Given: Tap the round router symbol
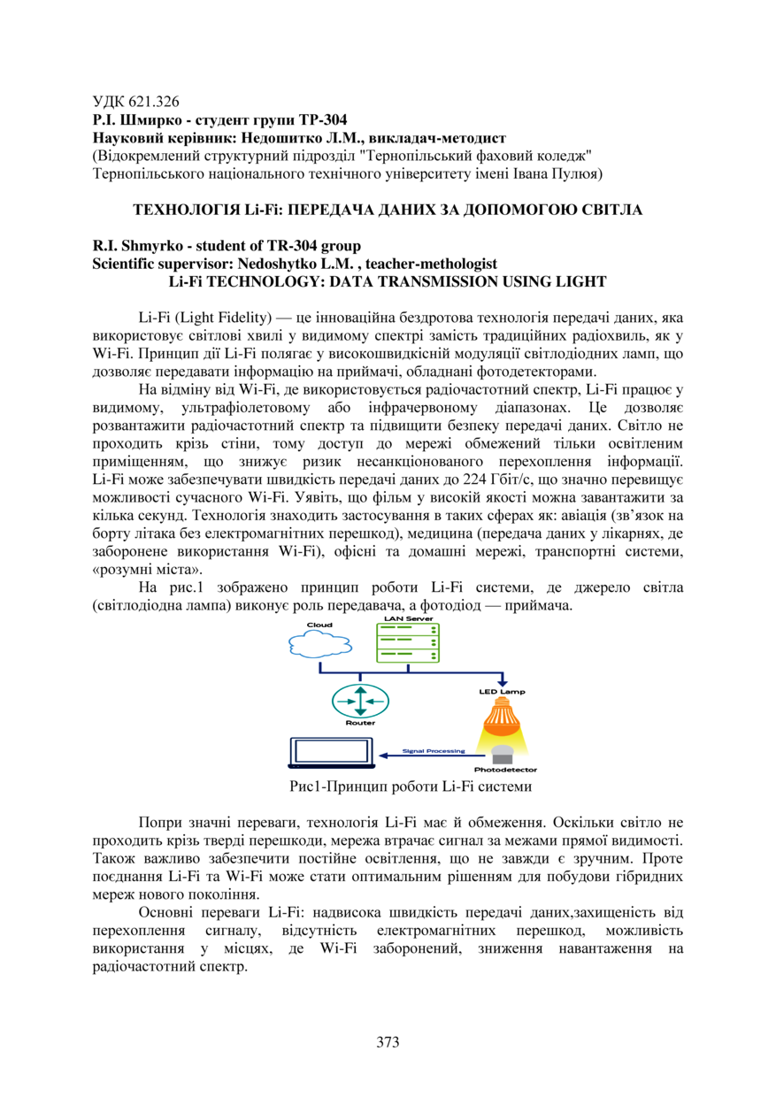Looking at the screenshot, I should [360, 702].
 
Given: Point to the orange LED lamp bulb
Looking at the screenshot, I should [502, 716].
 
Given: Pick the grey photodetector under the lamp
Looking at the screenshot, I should [502, 755].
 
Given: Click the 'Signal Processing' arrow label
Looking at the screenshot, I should [434, 751].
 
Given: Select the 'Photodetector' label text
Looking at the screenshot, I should [506, 770].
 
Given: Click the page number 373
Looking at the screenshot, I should [388, 1041].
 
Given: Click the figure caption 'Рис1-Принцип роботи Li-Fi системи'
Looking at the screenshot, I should [410, 786].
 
